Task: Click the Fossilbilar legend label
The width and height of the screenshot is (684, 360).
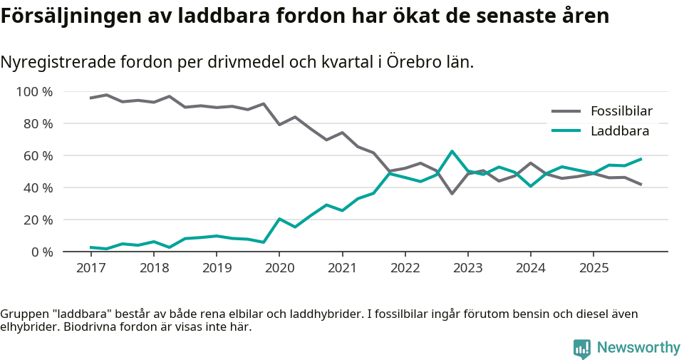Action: pos(621,111)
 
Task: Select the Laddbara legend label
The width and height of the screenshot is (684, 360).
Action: pos(619,131)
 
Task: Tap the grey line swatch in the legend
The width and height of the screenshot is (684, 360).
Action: pos(566,111)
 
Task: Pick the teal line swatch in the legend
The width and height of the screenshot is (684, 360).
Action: pos(566,131)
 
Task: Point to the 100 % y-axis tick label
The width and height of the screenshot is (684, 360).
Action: pos(33,92)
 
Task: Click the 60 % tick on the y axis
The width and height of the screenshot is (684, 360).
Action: pos(36,156)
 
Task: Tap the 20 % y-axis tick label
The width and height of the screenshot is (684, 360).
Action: pos(36,220)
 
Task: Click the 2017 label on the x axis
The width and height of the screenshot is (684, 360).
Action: pos(90,268)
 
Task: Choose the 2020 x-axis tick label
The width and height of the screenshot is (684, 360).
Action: pos(279,268)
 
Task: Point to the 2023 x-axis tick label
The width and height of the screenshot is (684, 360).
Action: pos(467,268)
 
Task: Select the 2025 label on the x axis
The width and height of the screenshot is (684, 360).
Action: pos(593,268)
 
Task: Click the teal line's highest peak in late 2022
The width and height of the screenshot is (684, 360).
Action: pos(452,151)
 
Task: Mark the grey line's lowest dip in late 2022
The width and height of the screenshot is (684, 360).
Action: pos(452,193)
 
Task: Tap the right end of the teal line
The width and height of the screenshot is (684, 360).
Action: pos(641,159)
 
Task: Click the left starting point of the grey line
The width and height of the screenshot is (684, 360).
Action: pos(90,98)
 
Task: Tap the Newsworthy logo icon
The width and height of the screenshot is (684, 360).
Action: pos(582,348)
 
